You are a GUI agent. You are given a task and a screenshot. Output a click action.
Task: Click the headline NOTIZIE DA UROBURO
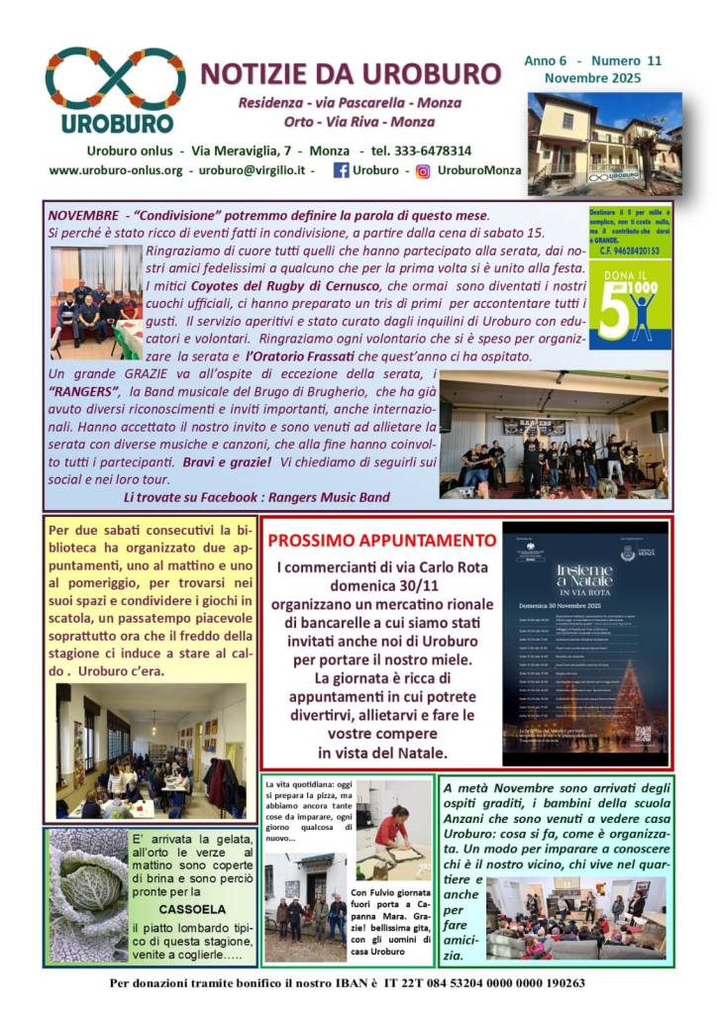tap(351, 74)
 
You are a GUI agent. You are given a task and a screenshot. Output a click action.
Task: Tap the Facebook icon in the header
tap(341, 170)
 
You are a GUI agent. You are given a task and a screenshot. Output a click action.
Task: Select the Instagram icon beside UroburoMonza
tap(423, 170)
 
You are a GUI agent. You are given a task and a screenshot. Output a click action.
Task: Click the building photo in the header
tap(604, 143)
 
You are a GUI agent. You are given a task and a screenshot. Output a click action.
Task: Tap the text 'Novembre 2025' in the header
tap(591, 78)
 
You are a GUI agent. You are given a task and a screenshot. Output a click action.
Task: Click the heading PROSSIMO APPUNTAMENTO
tap(382, 542)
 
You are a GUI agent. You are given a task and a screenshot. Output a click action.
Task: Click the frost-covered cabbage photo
tap(88, 896)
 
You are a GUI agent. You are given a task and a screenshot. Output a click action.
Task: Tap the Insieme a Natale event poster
tap(584, 644)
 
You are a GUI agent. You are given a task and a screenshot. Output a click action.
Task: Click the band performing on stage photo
tap(553, 436)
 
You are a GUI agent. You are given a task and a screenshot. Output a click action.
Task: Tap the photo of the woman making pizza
tap(394, 829)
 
